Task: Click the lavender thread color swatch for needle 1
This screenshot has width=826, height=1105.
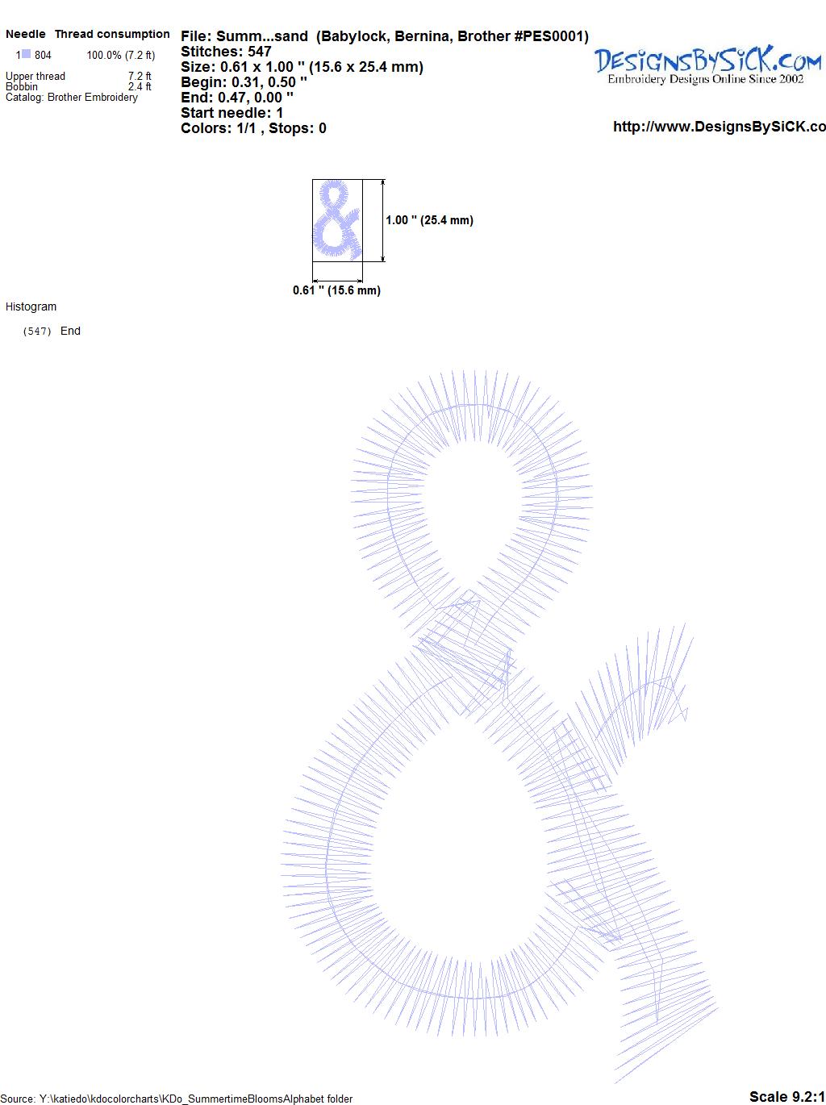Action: [26, 54]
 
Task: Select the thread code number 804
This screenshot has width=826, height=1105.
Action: [43, 55]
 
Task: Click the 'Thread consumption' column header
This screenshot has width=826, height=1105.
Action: [112, 34]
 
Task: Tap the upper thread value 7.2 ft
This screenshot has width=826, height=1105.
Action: [140, 76]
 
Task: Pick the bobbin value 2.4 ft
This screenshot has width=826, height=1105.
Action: [140, 86]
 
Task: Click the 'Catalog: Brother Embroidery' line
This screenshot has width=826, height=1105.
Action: [72, 97]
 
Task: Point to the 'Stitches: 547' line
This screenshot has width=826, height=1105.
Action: [226, 52]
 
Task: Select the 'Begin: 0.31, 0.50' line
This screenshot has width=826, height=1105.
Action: [244, 82]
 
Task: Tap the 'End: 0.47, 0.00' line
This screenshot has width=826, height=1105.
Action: [237, 97]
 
